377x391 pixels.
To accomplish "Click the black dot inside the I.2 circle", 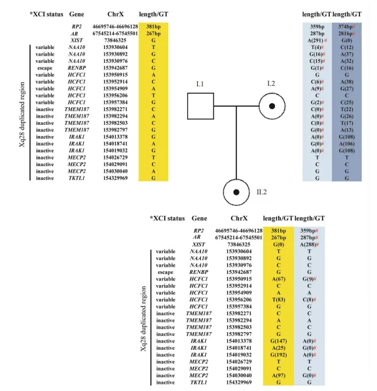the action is coord(272,106).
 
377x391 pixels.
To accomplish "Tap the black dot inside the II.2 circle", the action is coord(236,192).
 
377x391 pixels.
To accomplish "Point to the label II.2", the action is coord(262,192).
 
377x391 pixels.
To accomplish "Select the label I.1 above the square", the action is coord(200,84).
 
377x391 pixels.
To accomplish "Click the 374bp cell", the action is coord(346,27).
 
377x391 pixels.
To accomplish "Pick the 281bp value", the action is coord(346,33).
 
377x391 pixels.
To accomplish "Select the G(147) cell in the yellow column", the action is coord(279,341).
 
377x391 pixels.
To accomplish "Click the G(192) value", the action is coord(279,355).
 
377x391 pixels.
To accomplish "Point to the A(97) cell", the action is coord(279,375).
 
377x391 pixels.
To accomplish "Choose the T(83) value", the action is coord(279,299).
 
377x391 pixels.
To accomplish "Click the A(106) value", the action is coord(347,144).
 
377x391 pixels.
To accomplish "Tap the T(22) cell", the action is coord(347,109).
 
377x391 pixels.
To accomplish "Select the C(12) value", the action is coord(347,47).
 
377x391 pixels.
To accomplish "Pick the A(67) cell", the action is coord(279,279).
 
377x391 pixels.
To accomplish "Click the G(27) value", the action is coord(347,89).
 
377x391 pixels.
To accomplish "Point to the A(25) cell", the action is coord(279,348).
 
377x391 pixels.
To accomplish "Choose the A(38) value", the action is coord(347,82).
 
